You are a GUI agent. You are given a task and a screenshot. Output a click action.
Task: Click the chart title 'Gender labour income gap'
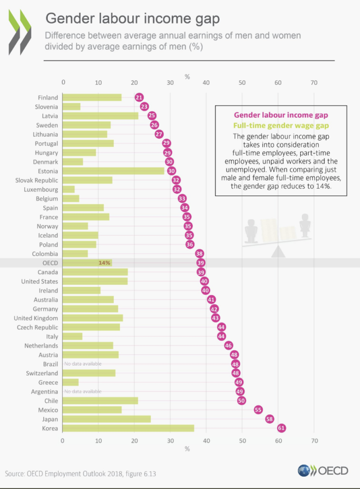[x=133, y=19]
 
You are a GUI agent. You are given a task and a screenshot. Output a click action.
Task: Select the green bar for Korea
[x=128, y=428]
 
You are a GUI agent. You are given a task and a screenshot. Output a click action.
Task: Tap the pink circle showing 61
[x=281, y=428]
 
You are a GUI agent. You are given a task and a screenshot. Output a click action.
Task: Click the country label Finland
[x=48, y=98]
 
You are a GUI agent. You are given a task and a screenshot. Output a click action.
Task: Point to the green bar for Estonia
[x=113, y=171]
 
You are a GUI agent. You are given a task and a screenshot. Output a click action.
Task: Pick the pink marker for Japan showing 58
[x=269, y=419]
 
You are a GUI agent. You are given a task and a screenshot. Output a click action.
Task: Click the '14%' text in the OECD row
[x=105, y=263]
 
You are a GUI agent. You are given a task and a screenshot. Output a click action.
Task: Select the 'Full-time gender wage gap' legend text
[x=281, y=126]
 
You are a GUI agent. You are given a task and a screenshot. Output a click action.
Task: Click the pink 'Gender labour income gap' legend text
[x=281, y=115]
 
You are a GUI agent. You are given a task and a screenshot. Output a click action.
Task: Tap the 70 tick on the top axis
[x=314, y=82]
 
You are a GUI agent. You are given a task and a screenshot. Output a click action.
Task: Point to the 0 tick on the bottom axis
[x=63, y=441]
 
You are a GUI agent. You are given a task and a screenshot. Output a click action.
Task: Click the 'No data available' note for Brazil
[x=83, y=364]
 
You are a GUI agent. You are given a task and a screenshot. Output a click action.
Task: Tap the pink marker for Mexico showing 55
[x=259, y=410]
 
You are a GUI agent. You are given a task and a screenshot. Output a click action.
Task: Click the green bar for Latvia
[x=100, y=116]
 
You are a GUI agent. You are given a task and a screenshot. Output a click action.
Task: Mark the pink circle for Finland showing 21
[x=139, y=98]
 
